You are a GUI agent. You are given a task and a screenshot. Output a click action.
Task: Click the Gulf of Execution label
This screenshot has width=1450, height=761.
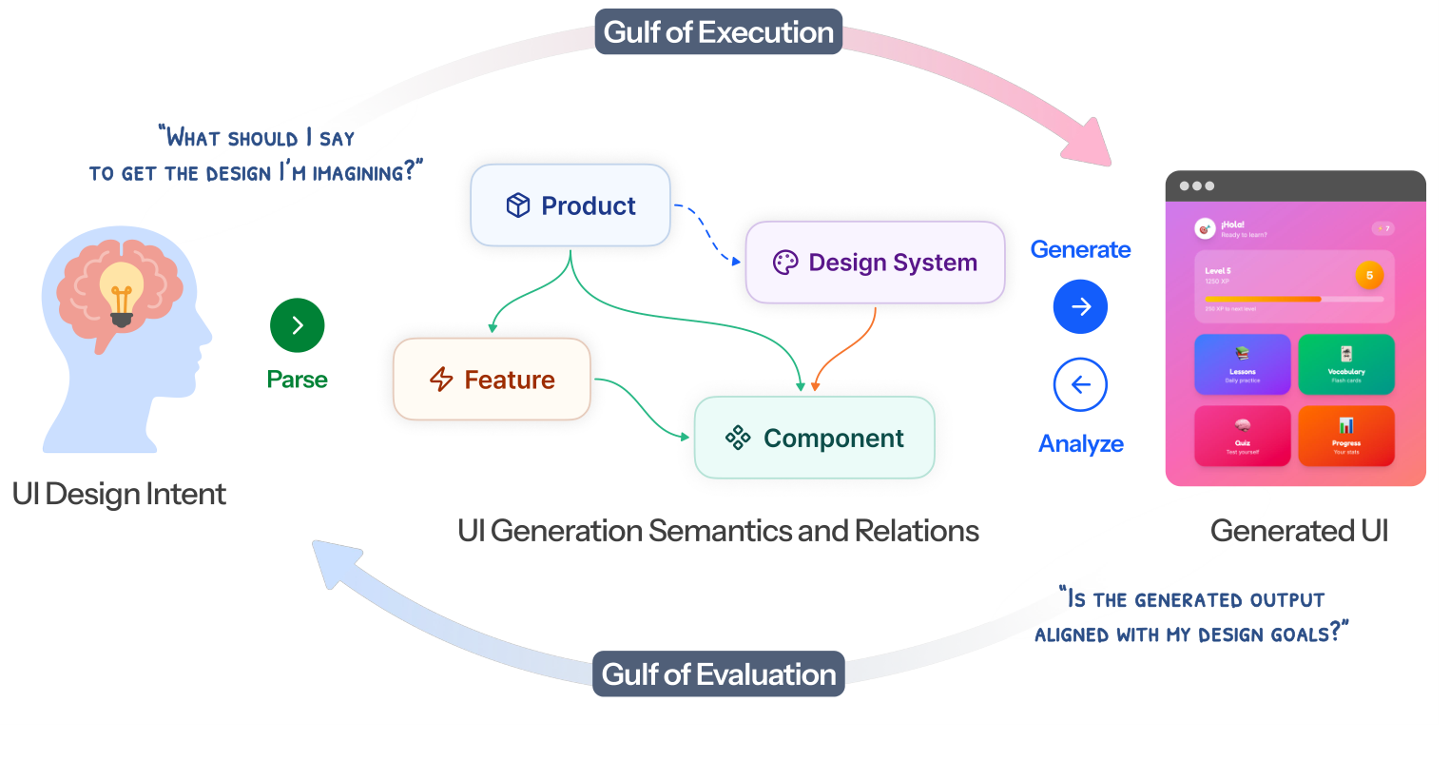(x=719, y=32)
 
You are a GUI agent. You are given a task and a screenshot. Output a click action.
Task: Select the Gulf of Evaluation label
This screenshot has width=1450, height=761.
(x=719, y=674)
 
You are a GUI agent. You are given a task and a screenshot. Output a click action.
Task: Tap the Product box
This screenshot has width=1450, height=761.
(x=570, y=205)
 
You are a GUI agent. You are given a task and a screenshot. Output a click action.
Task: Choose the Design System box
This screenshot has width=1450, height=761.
(x=875, y=263)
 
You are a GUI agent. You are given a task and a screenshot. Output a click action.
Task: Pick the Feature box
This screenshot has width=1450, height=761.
(x=492, y=380)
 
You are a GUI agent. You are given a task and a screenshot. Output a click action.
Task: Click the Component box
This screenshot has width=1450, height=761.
(x=815, y=438)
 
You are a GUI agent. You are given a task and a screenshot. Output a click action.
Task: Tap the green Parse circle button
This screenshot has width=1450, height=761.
(x=298, y=325)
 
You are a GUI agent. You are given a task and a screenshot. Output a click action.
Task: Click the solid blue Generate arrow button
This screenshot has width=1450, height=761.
(x=1080, y=306)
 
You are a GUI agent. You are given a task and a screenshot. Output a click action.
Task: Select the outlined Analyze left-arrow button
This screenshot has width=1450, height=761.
(x=1080, y=384)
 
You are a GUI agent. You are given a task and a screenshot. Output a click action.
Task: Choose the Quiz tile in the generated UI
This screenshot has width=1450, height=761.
(x=1242, y=436)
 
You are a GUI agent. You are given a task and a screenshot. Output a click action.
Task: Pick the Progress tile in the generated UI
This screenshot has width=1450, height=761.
(x=1346, y=436)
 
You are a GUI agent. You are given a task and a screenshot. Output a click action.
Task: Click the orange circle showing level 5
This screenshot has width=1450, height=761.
(x=1369, y=276)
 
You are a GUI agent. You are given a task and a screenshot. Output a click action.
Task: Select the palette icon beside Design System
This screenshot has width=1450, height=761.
(x=785, y=263)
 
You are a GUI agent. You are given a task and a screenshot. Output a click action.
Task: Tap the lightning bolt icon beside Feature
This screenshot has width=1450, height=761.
(x=441, y=380)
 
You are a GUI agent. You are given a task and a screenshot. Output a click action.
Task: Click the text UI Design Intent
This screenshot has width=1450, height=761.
(x=119, y=495)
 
